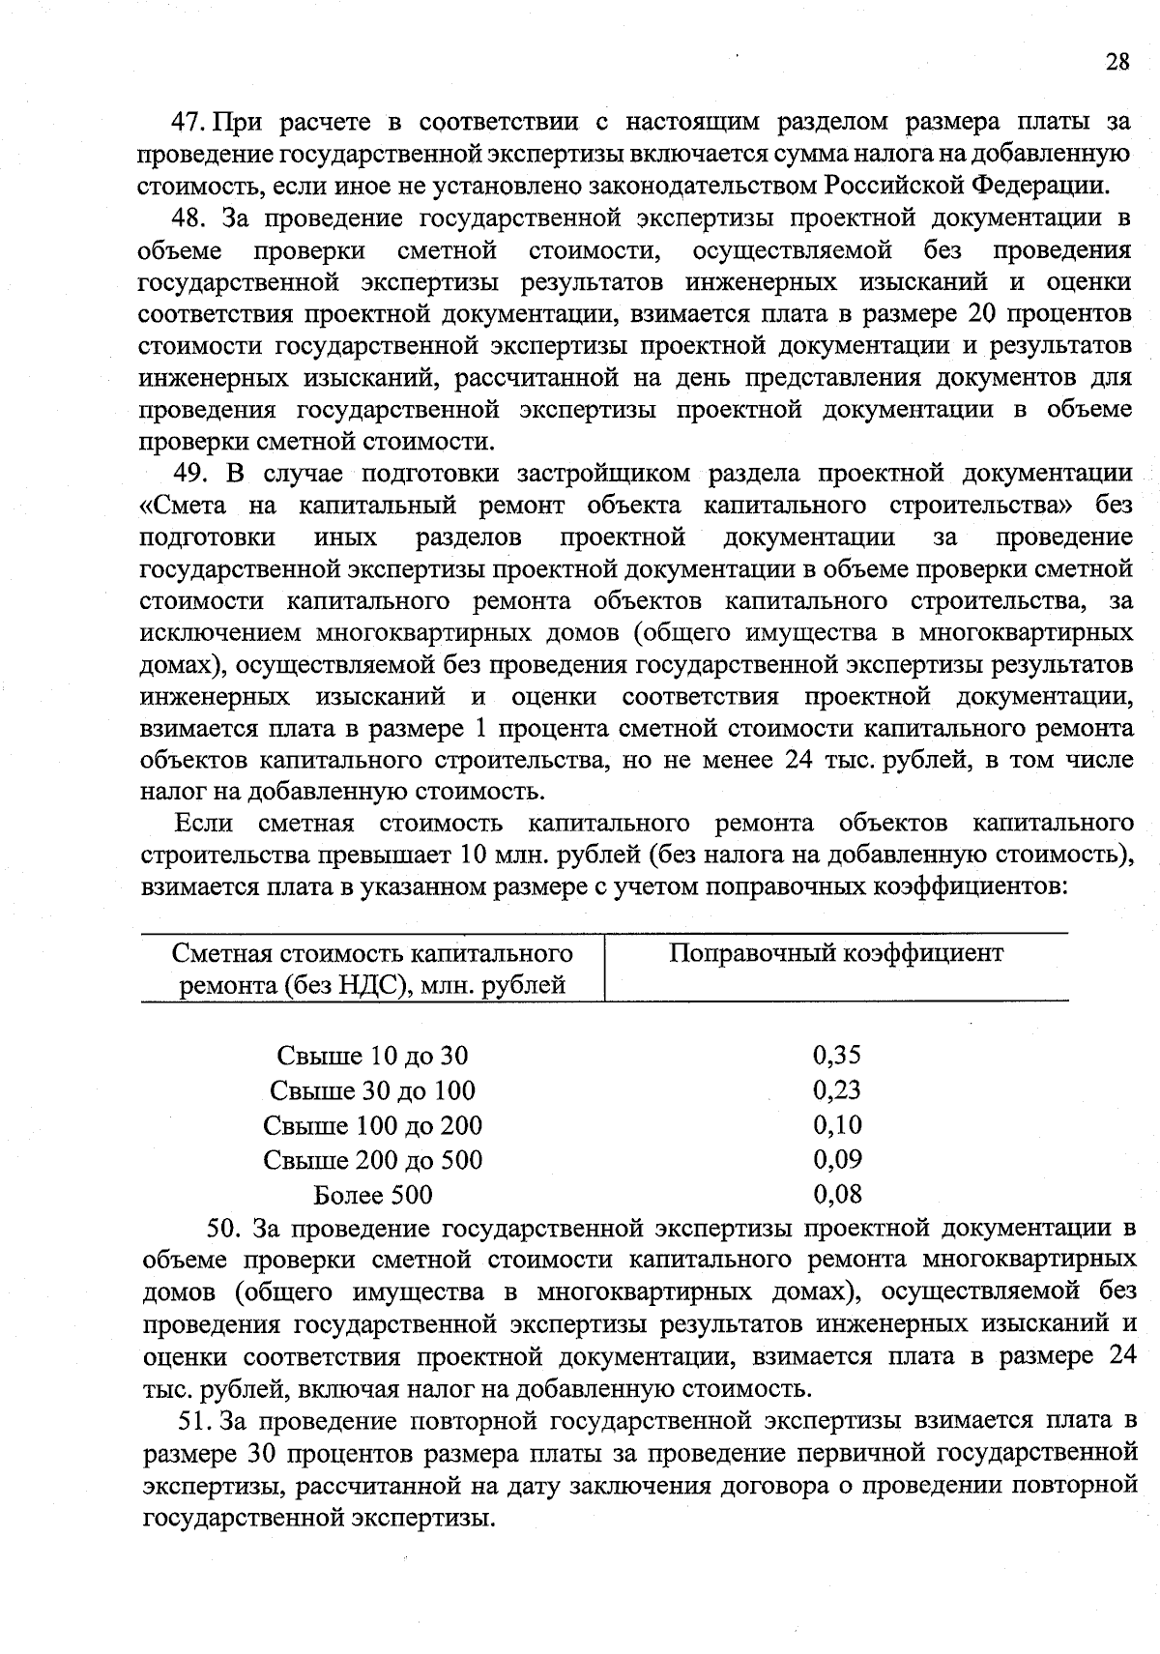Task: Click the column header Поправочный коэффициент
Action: click(x=836, y=953)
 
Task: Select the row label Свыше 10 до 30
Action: click(x=372, y=1056)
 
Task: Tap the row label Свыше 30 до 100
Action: click(x=372, y=1090)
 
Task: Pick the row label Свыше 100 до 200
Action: click(x=372, y=1125)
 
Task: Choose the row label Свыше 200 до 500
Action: click(x=372, y=1160)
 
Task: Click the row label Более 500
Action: click(x=372, y=1195)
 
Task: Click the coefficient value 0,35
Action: click(x=837, y=1055)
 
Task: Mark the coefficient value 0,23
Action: click(x=837, y=1089)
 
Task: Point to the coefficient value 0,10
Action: click(x=837, y=1124)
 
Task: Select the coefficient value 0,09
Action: click(x=837, y=1159)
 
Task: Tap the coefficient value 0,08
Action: click(x=837, y=1194)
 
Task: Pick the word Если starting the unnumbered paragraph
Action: click(x=203, y=824)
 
